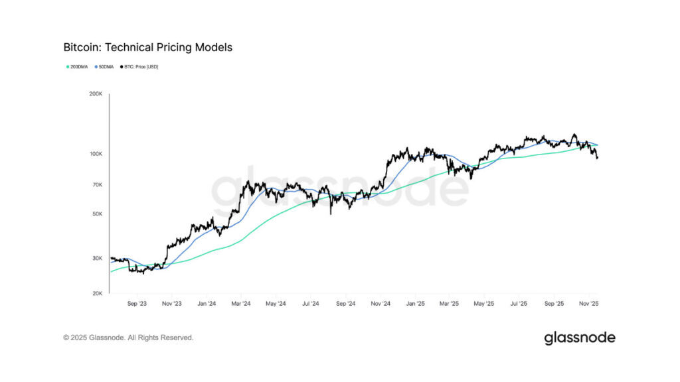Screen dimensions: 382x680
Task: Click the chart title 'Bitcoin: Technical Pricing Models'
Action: pos(147,48)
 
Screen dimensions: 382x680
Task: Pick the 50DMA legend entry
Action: pos(104,67)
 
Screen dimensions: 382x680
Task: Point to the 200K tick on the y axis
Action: pos(96,94)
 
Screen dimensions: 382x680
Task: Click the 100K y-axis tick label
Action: pos(96,154)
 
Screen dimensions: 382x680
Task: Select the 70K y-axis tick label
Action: pos(97,185)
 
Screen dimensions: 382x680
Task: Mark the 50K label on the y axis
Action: pos(97,214)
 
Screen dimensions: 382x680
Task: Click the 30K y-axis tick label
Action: pos(97,259)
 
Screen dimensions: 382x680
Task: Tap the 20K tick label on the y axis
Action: pos(97,293)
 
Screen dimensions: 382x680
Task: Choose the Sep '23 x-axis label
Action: pos(137,304)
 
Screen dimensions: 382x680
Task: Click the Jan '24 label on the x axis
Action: pos(207,304)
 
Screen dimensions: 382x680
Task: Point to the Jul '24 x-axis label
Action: pos(310,304)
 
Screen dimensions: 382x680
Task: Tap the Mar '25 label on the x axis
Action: pos(450,304)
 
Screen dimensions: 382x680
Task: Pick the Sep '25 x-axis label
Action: pos(553,304)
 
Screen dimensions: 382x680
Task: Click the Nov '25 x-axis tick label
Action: pos(588,304)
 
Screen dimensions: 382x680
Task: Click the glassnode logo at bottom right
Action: pos(579,338)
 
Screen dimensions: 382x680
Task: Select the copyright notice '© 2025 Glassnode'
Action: pos(128,338)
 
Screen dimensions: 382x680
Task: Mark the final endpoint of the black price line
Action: pos(597,158)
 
